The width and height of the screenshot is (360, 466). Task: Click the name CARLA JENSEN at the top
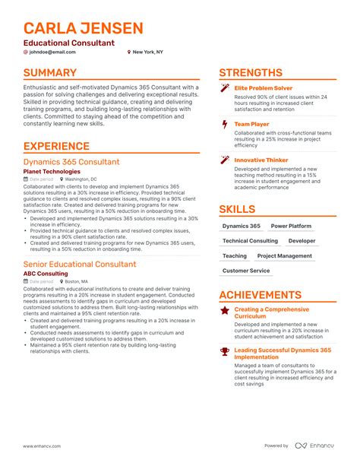click(82, 29)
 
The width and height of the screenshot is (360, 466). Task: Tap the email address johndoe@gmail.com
click(55, 52)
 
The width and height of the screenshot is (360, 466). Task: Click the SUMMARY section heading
click(50, 73)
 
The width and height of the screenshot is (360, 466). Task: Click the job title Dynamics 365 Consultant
click(71, 162)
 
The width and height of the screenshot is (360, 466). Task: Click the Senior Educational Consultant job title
click(80, 264)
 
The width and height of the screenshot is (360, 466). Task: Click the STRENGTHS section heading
click(251, 73)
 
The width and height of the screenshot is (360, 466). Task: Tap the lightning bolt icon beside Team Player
click(224, 123)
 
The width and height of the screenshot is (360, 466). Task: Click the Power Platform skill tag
click(291, 227)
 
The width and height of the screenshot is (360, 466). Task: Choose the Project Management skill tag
click(285, 256)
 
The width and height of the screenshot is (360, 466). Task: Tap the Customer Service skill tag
click(246, 271)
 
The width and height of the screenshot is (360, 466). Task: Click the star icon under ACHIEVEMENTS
click(224, 310)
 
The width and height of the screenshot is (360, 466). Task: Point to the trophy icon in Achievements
click(224, 351)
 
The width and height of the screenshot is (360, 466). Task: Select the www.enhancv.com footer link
click(44, 446)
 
